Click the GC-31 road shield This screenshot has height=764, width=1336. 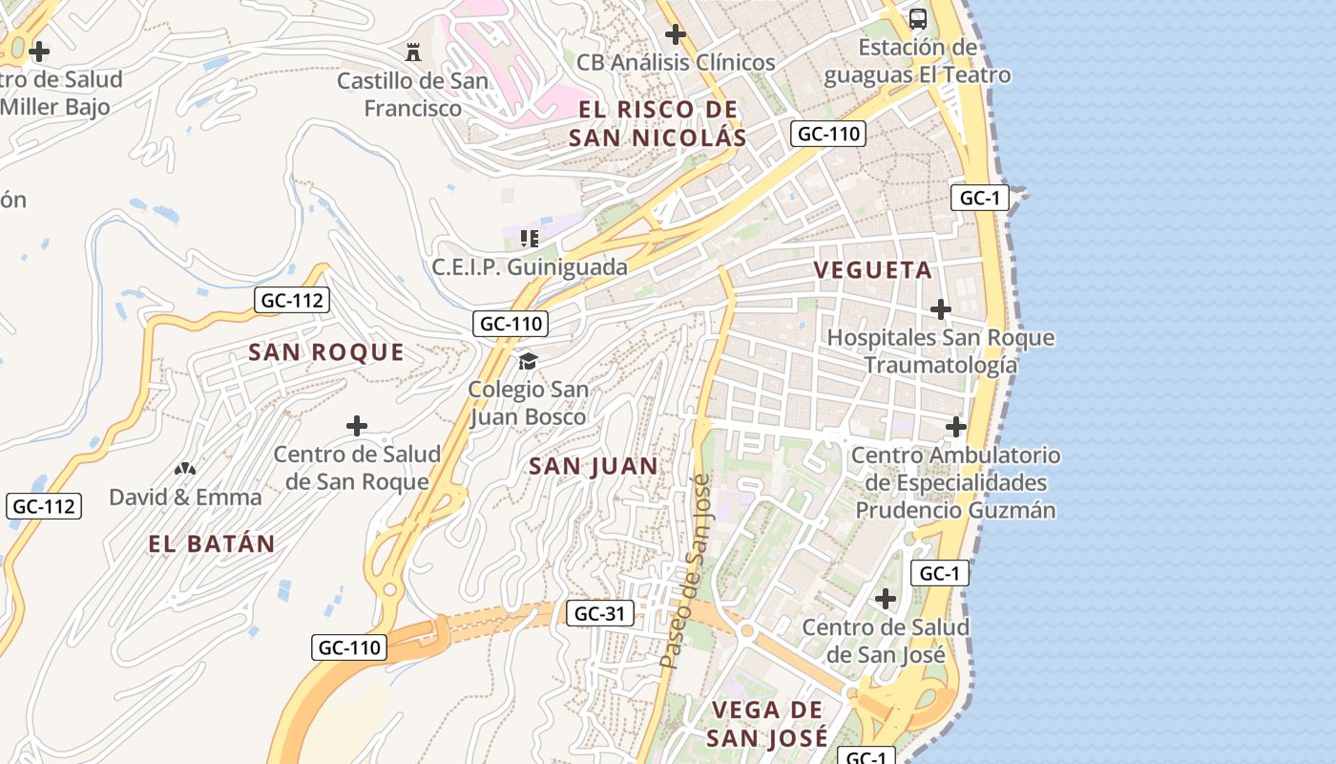tap(600, 613)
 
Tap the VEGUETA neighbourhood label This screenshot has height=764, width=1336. tap(872, 270)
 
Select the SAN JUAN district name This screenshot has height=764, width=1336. tap(593, 467)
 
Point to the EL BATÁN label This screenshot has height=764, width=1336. tap(212, 544)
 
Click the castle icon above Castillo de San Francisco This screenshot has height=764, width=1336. tap(413, 52)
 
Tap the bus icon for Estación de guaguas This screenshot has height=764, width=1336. tap(917, 18)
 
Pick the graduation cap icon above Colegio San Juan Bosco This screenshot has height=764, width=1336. tap(528, 361)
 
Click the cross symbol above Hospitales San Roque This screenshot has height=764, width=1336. tap(941, 309)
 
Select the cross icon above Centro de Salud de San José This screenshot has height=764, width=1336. tap(886, 599)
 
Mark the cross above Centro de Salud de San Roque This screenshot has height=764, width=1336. tap(357, 425)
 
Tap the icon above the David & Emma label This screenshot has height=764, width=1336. tap(185, 469)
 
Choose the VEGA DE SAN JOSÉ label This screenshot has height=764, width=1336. tap(767, 724)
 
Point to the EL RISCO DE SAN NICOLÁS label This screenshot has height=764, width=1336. tap(658, 123)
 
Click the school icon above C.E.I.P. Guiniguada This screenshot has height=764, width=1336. tap(530, 238)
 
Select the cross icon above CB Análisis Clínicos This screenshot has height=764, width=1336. tap(676, 34)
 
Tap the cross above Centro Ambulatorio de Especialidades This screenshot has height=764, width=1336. tap(956, 426)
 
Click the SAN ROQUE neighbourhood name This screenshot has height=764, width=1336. tap(326, 352)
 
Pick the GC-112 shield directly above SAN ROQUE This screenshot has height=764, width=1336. tap(293, 301)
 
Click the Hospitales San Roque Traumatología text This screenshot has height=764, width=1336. tap(941, 351)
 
